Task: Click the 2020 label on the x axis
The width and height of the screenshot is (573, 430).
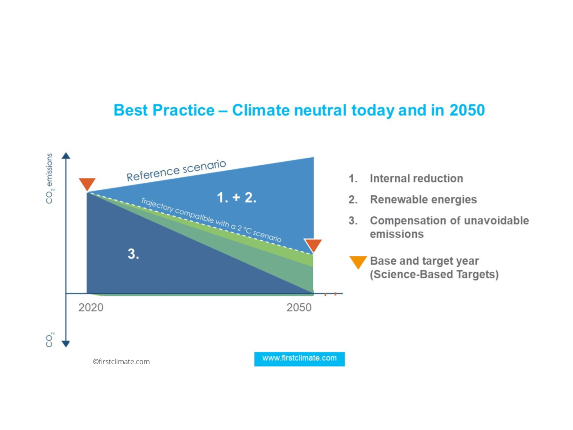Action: point(91,307)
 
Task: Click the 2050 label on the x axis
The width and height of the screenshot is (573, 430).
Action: point(299,307)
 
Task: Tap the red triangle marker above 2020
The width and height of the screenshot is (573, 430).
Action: point(87,184)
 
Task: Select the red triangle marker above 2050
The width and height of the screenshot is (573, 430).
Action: point(313,245)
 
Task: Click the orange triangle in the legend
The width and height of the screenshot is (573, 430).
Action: point(358,262)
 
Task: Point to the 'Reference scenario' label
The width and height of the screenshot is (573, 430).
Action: point(176,171)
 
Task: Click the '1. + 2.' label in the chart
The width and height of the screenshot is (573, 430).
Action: point(236,198)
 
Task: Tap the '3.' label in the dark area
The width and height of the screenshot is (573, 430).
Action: point(133,254)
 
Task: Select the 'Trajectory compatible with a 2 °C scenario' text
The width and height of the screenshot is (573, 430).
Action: point(211,219)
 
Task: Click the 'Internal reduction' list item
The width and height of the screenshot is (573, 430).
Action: point(416,178)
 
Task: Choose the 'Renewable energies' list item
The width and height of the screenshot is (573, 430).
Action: point(423,199)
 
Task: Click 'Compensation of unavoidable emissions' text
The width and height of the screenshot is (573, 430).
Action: point(449,227)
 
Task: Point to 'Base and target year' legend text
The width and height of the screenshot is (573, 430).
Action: point(424,261)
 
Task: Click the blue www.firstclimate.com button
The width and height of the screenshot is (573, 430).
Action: point(299,358)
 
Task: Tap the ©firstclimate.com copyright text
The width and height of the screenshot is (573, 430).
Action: point(121,361)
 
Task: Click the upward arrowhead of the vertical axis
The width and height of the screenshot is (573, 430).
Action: point(66,156)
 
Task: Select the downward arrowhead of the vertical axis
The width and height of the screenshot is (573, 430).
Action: point(66,344)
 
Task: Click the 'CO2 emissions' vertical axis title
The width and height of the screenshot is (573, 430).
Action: point(50,178)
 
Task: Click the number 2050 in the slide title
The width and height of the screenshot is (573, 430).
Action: point(467,110)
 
